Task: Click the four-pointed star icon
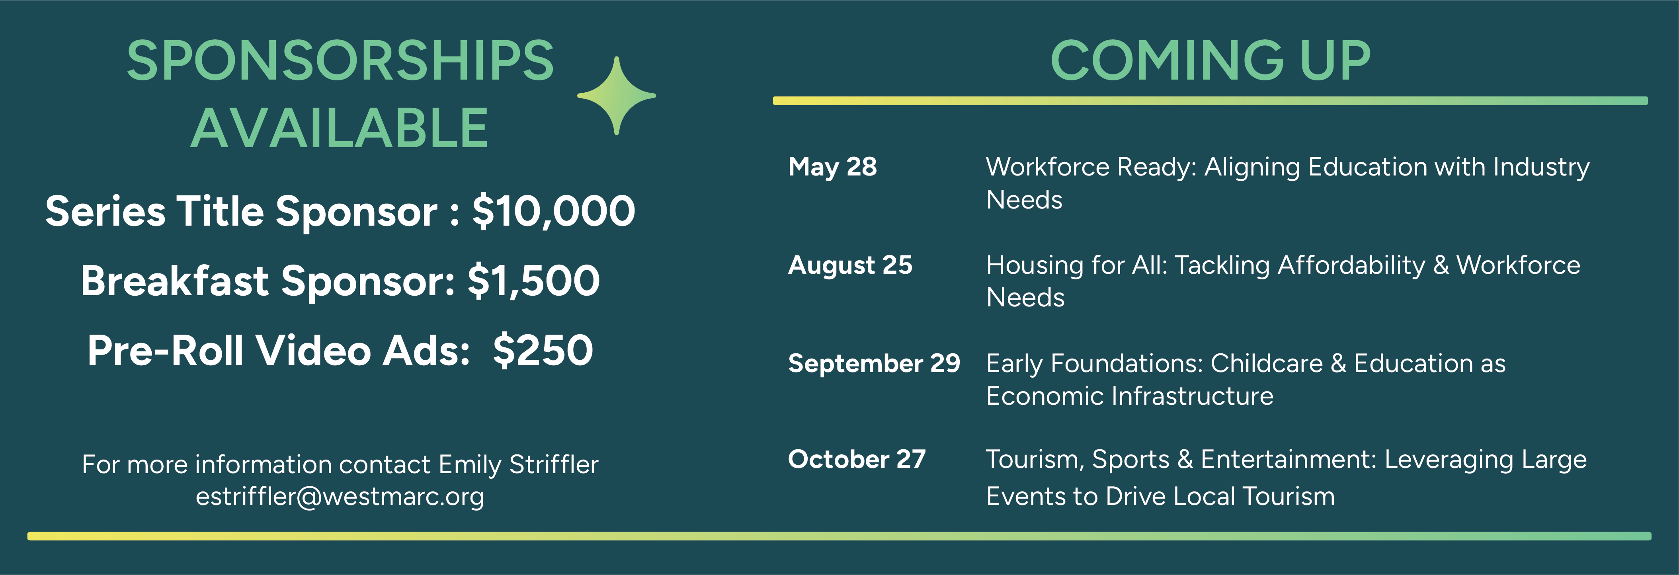pyautogui.click(x=617, y=96)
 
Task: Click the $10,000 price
pyautogui.click(x=553, y=212)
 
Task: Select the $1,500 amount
pyautogui.click(x=533, y=281)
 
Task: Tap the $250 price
pyautogui.click(x=543, y=350)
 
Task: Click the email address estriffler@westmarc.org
pyautogui.click(x=340, y=497)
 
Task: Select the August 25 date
pyautogui.click(x=850, y=266)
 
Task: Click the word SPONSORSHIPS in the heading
pyautogui.click(x=340, y=60)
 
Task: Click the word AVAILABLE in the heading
pyautogui.click(x=340, y=129)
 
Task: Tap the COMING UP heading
pyautogui.click(x=1210, y=60)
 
